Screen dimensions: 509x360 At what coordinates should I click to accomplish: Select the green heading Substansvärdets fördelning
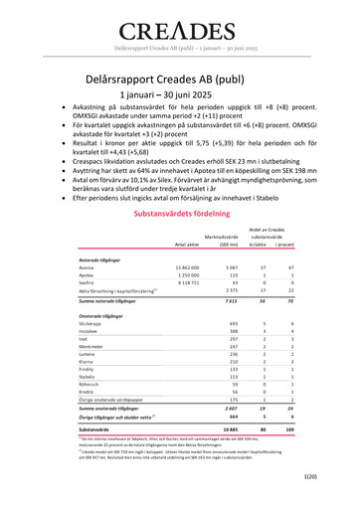180,213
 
